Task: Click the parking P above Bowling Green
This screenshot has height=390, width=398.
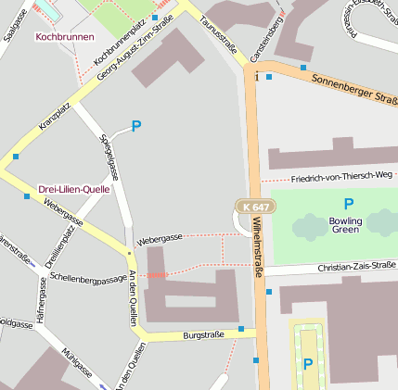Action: pos(349,204)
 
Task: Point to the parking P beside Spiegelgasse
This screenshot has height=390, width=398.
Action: pos(136,126)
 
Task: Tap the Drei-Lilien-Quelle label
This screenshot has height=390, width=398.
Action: pos(74,189)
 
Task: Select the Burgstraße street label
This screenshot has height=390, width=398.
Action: pos(203,334)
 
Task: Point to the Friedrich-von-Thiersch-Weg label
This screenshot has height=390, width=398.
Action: pos(341,176)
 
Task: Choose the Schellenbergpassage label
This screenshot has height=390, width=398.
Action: pos(89,277)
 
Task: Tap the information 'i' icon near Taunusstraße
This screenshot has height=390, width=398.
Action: pos(256,76)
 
